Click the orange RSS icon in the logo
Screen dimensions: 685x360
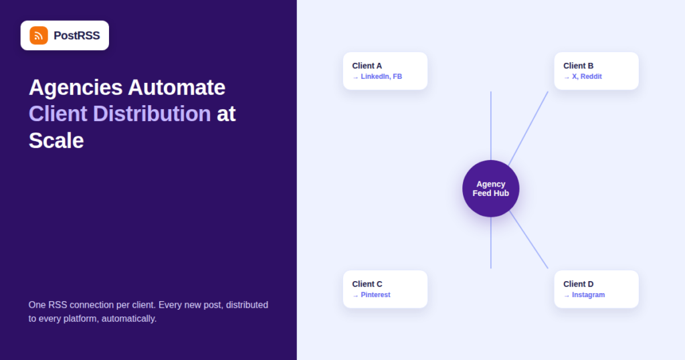coord(38,35)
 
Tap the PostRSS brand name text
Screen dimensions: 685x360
coord(76,35)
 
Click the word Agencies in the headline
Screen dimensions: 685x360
coord(76,88)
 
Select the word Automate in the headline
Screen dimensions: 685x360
coord(177,88)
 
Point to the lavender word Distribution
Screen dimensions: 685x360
coord(152,114)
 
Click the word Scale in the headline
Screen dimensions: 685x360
coord(56,141)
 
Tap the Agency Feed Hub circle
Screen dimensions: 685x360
coord(490,189)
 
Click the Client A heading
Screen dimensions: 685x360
coord(367,66)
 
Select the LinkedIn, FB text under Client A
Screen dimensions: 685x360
coord(381,76)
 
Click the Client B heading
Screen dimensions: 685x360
coord(578,66)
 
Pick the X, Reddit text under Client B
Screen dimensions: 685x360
coord(587,76)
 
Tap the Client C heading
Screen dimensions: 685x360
coord(367,284)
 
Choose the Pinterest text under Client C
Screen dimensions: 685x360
coord(375,295)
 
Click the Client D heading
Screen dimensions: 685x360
coord(578,284)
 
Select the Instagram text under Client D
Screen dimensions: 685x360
coord(588,295)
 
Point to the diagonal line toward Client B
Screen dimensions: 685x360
coord(528,128)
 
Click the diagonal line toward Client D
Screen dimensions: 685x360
coord(528,240)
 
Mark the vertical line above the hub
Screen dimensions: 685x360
coord(490,126)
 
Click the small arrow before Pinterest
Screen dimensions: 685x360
coord(355,296)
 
